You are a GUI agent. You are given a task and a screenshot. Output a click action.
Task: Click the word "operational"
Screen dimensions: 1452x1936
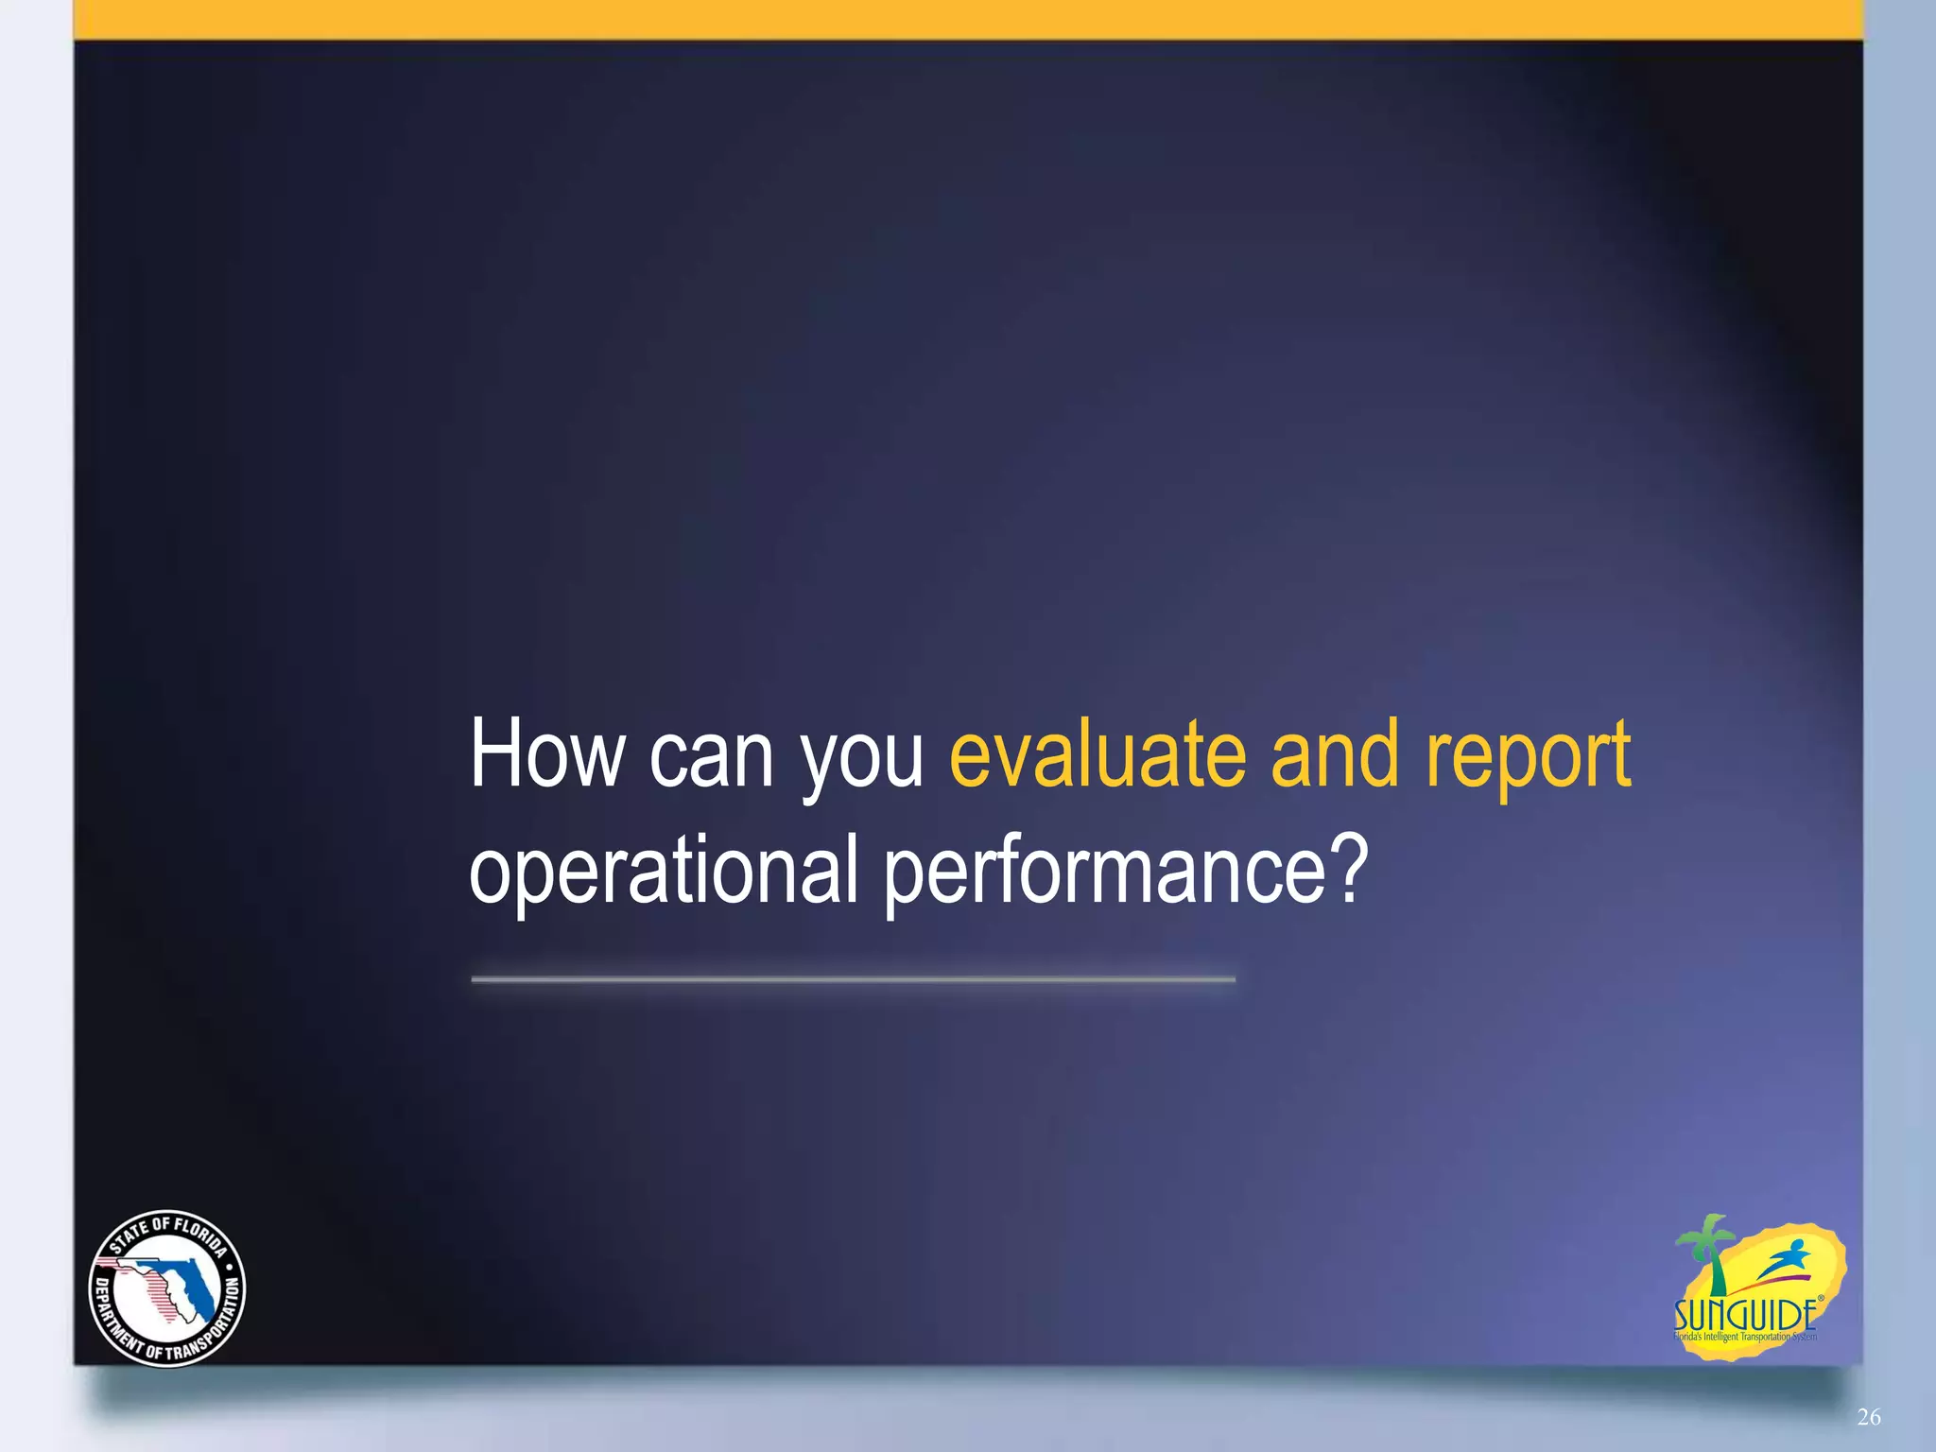point(663,870)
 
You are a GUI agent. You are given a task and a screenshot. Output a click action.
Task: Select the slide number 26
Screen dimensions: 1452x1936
point(1868,1416)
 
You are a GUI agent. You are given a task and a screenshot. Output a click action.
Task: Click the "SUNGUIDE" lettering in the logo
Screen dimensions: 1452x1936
point(1744,1315)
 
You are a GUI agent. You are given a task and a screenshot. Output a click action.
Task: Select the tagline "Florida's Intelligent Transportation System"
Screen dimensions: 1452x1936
point(1745,1337)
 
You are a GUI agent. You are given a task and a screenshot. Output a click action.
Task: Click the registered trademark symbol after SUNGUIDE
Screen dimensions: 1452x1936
point(1822,1299)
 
